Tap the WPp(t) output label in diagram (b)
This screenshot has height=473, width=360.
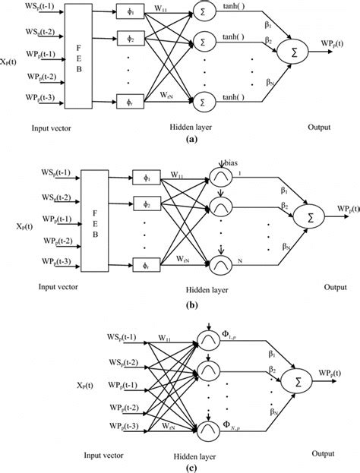click(334, 208)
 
